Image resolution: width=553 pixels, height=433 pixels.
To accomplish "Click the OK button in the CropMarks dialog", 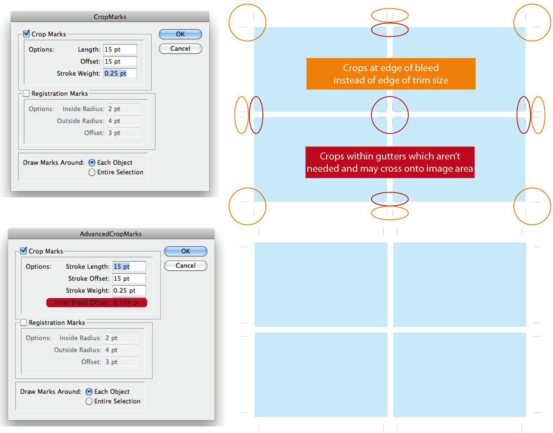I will [180, 34].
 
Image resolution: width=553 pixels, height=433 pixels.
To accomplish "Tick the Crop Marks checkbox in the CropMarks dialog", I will [27, 34].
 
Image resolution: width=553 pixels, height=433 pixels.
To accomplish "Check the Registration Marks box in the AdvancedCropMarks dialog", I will [24, 323].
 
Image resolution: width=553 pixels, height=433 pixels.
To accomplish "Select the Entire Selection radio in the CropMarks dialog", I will [92, 173].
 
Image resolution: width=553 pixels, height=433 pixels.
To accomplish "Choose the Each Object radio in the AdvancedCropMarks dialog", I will [89, 392].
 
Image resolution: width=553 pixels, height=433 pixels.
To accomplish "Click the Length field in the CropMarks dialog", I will [120, 49].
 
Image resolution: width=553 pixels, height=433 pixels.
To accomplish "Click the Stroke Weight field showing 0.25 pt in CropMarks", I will [120, 74].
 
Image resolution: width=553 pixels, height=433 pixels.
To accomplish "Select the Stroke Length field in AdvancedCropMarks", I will [129, 267].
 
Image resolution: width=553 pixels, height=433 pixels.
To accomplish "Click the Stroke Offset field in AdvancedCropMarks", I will [129, 278].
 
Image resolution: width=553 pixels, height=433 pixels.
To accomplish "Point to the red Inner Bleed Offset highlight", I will [97, 303].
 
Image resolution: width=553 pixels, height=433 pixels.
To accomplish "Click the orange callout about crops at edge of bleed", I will [391, 74].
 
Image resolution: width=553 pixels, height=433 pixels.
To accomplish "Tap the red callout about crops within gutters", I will [390, 162].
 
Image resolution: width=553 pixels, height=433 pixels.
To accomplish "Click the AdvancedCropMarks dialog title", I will [111, 234].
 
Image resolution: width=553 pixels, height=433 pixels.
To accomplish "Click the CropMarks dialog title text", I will [110, 17].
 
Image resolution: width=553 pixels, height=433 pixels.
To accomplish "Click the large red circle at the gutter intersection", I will [390, 115].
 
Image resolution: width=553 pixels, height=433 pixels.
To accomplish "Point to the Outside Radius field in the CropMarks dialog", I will [123, 121].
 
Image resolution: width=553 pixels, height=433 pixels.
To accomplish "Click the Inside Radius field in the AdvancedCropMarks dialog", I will [121, 338].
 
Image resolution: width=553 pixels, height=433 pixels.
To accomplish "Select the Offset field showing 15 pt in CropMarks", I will [120, 62].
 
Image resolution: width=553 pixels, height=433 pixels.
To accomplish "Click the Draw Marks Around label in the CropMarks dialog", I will [54, 163].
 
